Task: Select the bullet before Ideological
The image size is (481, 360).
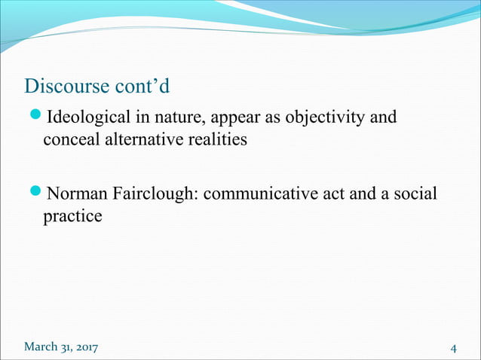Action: [x=36, y=117]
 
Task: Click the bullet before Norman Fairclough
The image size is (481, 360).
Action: [x=36, y=194]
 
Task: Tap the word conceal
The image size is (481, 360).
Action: [x=69, y=141]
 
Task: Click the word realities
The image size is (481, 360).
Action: [x=219, y=141]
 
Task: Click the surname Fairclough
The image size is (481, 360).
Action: [x=156, y=194]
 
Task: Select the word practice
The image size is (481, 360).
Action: [x=72, y=217]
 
